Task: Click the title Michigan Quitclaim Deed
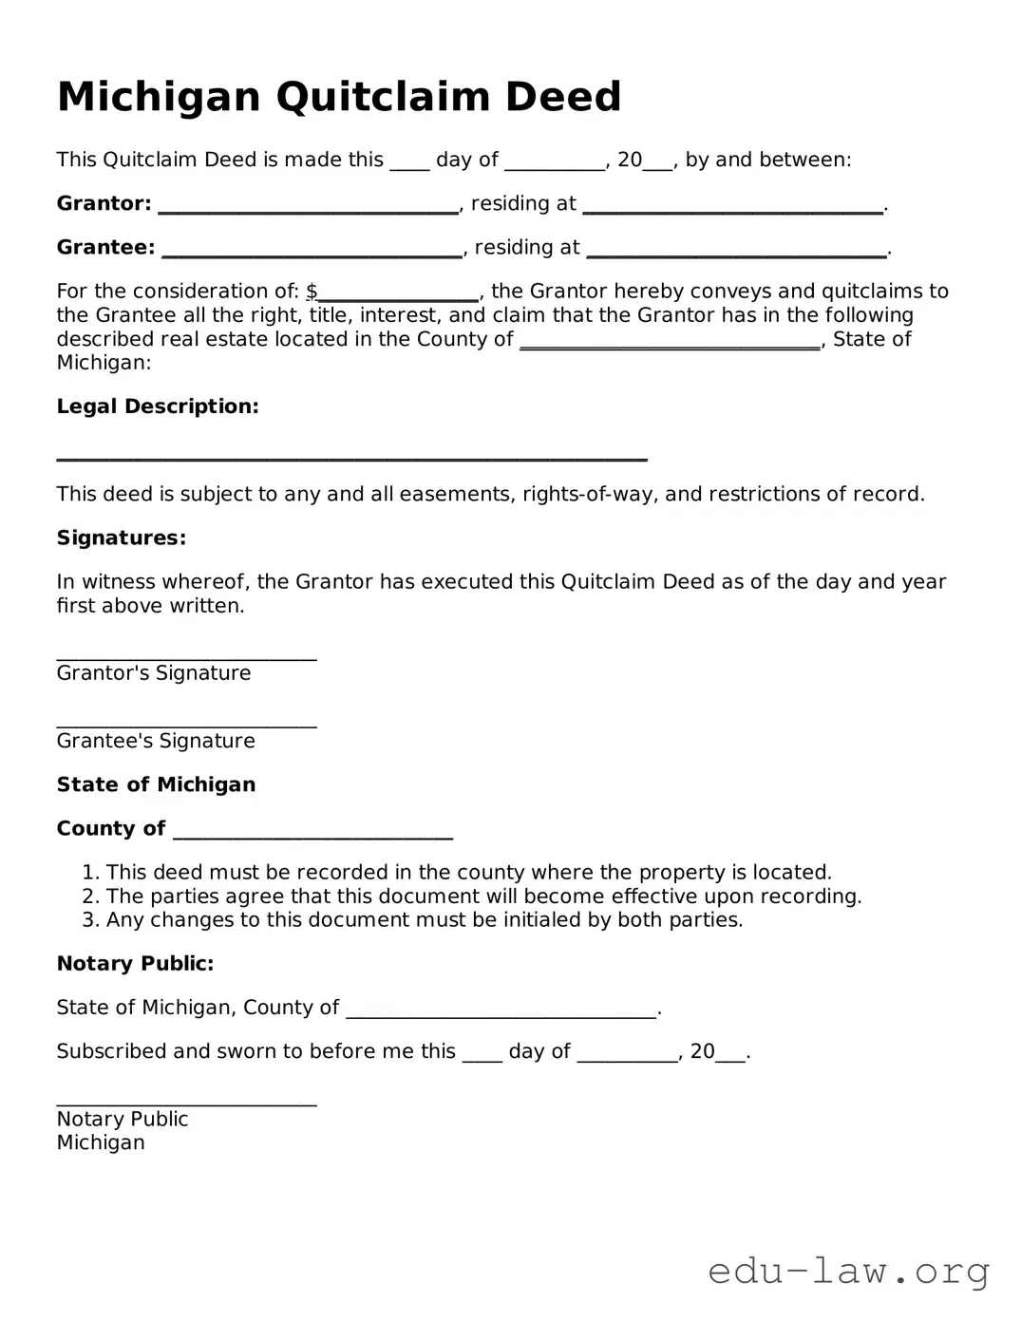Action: (x=339, y=97)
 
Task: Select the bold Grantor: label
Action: (x=104, y=203)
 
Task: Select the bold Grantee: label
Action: (x=105, y=247)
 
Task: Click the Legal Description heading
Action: (x=158, y=406)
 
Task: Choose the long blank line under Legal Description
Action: (x=351, y=458)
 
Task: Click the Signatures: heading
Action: (x=122, y=538)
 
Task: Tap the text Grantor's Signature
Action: (x=154, y=673)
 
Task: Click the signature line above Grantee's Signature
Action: (x=186, y=727)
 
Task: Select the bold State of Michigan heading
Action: (x=156, y=784)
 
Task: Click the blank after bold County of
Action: (x=313, y=835)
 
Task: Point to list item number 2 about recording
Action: (x=482, y=896)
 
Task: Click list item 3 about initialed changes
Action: (x=424, y=919)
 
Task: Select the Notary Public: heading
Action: (x=135, y=963)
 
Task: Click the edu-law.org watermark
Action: (x=849, y=1271)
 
